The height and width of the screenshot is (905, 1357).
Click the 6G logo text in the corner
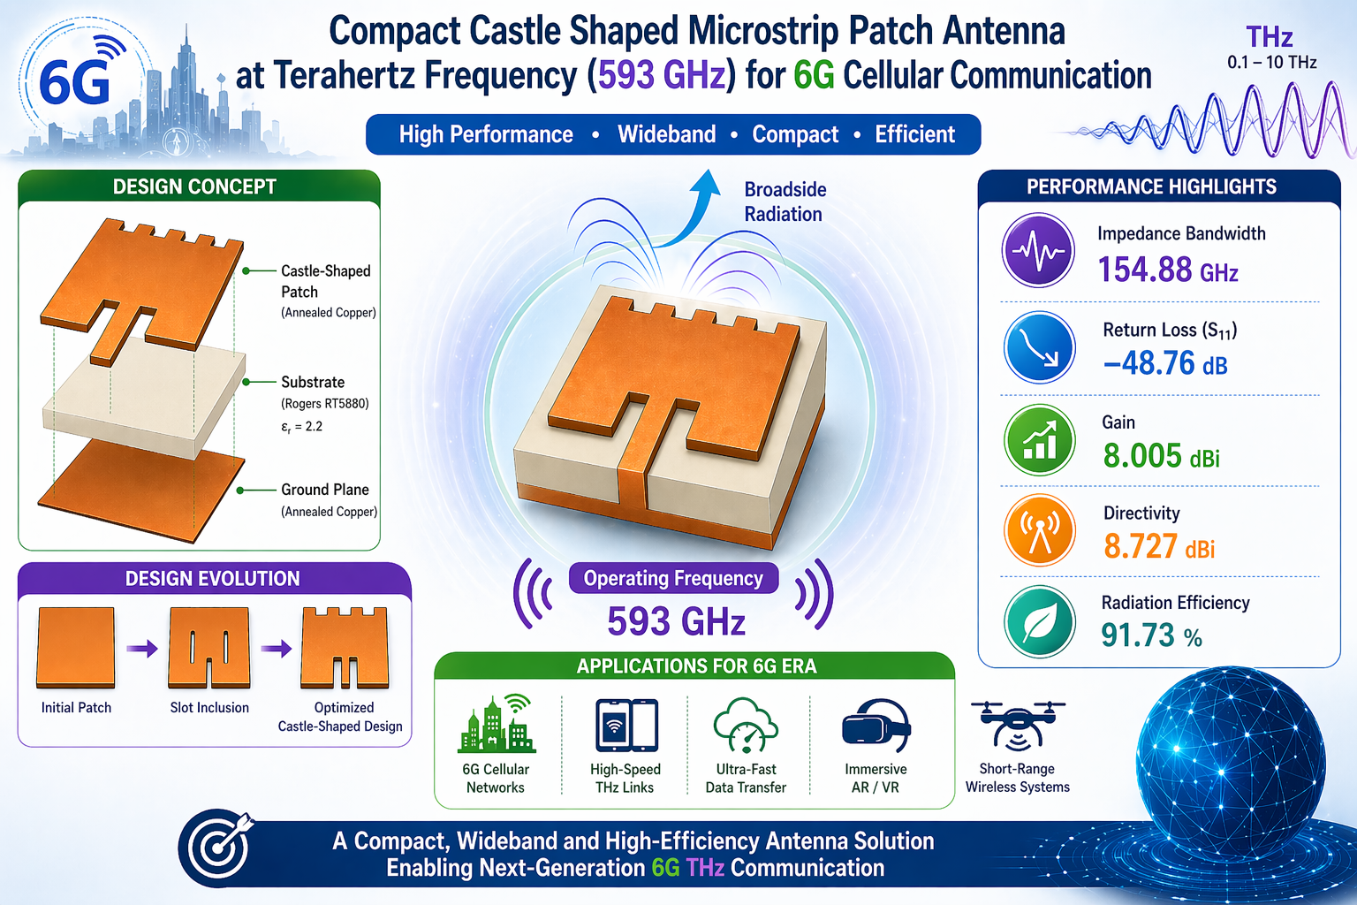75,83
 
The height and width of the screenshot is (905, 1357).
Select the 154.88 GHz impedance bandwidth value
1167,270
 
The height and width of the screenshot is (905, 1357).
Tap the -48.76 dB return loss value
1165,363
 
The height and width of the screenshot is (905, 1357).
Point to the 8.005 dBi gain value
1161,456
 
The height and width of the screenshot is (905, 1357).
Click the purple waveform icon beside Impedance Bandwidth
1038,250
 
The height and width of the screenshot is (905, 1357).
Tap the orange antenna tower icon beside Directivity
1039,530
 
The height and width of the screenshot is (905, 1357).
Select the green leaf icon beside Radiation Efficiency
1039,622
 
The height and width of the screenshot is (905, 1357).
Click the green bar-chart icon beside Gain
1039,439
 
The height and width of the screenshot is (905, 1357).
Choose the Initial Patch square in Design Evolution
76,647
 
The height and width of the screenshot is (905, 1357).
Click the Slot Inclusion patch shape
209,647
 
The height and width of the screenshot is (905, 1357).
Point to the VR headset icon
876,726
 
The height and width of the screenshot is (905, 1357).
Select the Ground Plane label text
324,490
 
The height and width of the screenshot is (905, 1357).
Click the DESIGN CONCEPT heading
194,186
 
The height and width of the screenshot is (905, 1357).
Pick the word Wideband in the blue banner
666,134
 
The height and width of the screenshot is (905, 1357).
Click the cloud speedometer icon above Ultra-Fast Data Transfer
745,726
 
